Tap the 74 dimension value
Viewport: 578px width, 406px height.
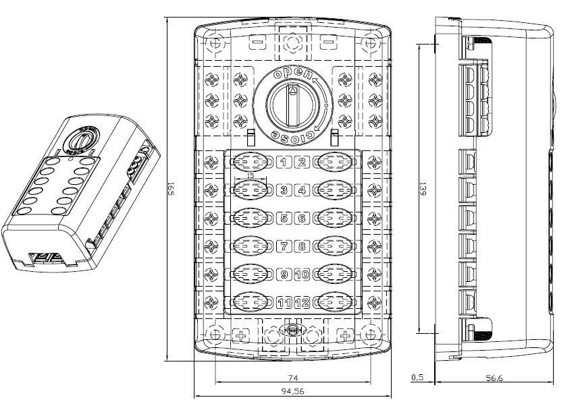click(x=292, y=378)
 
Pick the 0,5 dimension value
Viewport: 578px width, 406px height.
click(x=419, y=378)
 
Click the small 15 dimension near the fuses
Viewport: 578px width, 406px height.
click(x=251, y=175)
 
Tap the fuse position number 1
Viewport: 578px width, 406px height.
click(x=284, y=162)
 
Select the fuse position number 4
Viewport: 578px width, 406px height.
click(x=302, y=190)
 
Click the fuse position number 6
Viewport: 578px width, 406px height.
click(x=302, y=219)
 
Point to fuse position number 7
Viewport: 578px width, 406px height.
click(x=284, y=246)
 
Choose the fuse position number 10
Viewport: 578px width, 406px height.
click(x=302, y=274)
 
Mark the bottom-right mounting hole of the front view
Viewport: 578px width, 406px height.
click(x=370, y=334)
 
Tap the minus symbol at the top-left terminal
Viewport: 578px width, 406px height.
click(x=258, y=42)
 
